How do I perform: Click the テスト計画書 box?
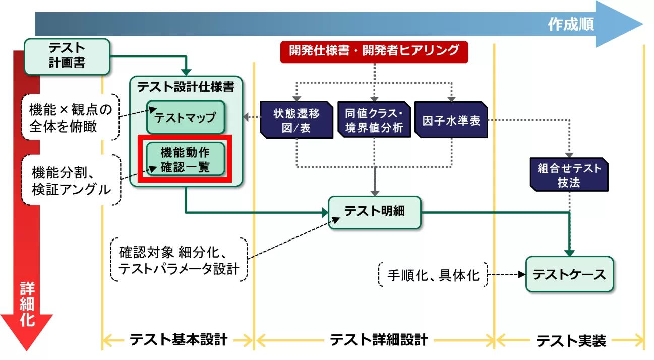(x=67, y=55)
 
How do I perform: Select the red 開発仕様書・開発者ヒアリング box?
(x=374, y=51)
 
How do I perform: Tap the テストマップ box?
(x=185, y=118)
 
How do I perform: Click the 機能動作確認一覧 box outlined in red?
(x=185, y=159)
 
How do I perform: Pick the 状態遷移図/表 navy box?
(x=296, y=119)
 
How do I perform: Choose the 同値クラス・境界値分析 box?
(x=374, y=119)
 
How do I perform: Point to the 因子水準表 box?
(x=451, y=119)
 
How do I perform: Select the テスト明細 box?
(x=374, y=212)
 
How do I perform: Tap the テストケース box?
(x=569, y=274)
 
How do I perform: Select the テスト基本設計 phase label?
(x=179, y=339)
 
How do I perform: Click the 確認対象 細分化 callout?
(x=179, y=260)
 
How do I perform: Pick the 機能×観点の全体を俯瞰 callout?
(x=71, y=116)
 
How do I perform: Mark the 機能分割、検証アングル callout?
(x=71, y=180)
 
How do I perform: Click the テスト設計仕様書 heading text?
(x=186, y=87)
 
